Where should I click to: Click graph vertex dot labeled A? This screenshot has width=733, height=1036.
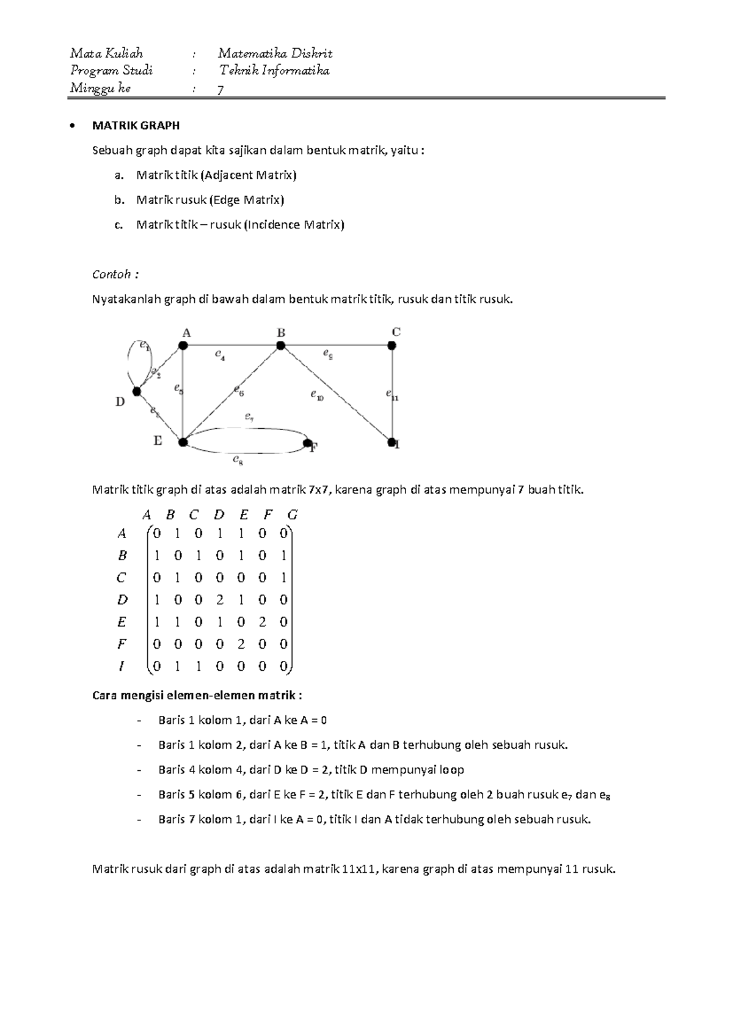tap(183, 346)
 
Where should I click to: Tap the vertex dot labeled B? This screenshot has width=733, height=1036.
tap(280, 346)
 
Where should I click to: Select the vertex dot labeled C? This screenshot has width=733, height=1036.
tap(392, 346)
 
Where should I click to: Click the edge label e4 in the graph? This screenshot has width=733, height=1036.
tap(220, 354)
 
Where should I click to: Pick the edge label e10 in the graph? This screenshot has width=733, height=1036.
tap(316, 396)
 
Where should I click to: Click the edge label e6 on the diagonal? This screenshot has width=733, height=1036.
tap(238, 389)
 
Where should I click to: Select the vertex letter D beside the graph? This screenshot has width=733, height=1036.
tap(120, 402)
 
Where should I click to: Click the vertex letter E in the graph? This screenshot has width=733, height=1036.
tap(158, 440)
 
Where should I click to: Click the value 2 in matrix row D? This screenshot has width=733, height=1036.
tap(220, 600)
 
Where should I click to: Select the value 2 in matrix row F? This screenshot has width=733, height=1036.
tap(241, 644)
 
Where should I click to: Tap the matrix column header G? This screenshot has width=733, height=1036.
tap(292, 515)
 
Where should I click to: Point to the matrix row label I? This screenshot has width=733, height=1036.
tap(122, 666)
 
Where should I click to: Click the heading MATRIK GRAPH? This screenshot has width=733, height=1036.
tap(136, 126)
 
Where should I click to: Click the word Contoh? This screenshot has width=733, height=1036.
tap(112, 274)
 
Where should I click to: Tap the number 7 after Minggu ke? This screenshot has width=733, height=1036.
tap(221, 90)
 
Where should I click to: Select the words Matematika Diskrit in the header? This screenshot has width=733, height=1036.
tap(275, 54)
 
